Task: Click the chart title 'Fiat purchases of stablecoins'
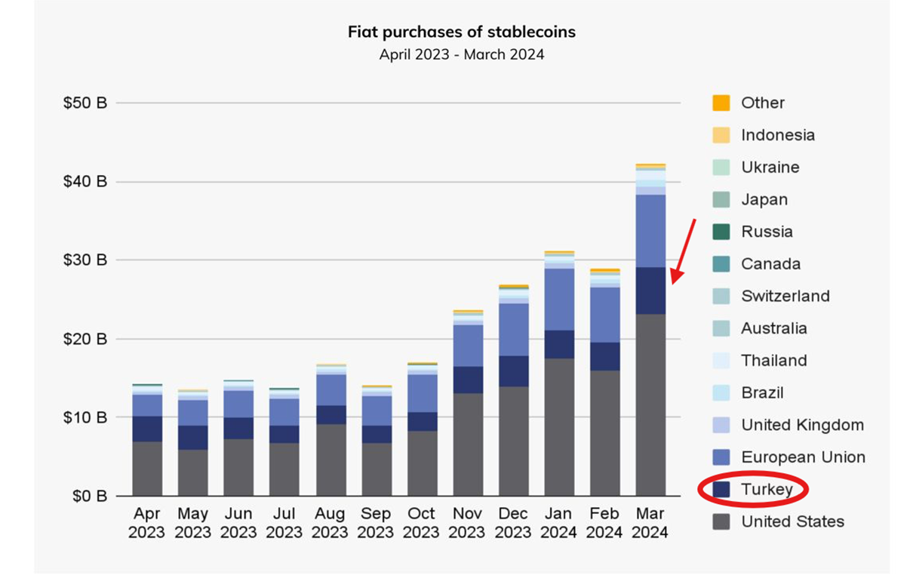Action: pos(461,32)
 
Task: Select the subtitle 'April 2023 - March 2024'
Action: pos(461,54)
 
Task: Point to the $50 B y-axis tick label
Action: pos(85,103)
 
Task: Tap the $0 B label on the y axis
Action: pos(88,496)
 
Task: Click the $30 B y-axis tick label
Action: pos(85,260)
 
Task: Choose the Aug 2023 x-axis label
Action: pos(330,522)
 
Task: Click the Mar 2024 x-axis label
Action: pos(650,522)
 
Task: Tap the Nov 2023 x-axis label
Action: pos(467,522)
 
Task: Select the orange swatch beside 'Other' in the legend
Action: pos(721,103)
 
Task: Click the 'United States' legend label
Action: pos(792,521)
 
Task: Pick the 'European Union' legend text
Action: pos(803,457)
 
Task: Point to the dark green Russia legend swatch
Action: pos(721,232)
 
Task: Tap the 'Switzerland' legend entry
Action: pos(785,296)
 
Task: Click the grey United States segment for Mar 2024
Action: pos(650,404)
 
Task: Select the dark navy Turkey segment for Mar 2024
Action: pos(650,291)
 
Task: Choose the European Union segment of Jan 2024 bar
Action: pos(558,300)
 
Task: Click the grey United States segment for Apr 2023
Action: pos(147,469)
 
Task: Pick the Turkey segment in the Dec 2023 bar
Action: pos(513,371)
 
